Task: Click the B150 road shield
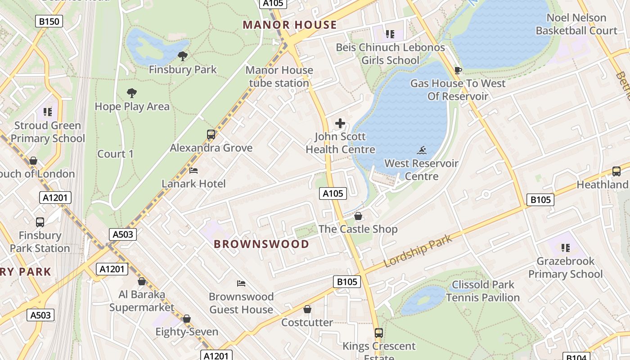49,21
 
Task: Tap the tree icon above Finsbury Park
182,56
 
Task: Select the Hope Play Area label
132,107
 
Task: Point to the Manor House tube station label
279,76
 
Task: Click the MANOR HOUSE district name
290,25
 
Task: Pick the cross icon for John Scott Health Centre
340,123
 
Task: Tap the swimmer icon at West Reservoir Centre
422,150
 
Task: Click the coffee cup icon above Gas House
458,70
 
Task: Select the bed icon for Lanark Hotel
193,171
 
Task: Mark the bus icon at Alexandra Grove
211,134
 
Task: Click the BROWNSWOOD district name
261,244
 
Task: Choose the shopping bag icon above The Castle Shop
358,216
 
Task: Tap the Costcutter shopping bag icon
307,309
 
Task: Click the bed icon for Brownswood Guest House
241,283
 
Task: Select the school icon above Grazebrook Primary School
566,247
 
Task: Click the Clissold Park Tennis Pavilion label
483,291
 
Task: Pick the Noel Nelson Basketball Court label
576,24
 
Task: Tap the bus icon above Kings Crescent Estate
379,333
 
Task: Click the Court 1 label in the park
116,154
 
